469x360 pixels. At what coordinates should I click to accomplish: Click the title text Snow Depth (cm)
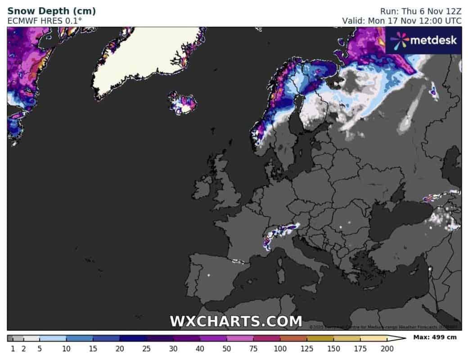coord(51,11)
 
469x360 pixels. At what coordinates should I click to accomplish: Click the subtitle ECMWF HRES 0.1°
coord(45,21)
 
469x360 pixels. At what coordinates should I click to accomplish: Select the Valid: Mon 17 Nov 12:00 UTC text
coord(401,21)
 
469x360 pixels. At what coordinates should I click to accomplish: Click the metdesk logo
coord(423,40)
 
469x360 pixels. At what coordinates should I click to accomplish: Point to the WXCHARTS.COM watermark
coord(236,321)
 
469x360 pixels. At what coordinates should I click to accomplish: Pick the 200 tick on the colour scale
coord(387,348)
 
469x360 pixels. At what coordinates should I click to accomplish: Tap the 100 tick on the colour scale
coord(280,348)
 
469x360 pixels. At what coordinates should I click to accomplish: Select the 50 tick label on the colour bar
coord(226,348)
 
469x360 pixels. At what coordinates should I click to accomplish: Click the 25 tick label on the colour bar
coord(146,348)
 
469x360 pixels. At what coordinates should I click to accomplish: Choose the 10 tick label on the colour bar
coord(66,348)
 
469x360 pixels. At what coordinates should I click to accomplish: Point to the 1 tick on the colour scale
coord(13,348)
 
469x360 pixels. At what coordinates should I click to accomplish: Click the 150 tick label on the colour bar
coord(334,348)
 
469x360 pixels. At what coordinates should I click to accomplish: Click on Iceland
coord(182,103)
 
